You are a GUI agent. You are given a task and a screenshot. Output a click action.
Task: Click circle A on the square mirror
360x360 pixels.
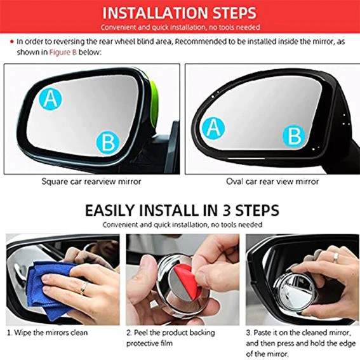point(50,98)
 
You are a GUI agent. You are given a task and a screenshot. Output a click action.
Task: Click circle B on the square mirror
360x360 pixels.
point(109,141)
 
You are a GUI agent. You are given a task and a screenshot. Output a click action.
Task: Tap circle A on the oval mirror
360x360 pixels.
point(214,128)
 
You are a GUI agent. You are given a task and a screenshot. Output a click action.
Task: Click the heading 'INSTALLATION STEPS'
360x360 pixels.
point(180,13)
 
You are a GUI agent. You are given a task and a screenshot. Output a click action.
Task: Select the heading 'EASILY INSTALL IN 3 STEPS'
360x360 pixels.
point(180,210)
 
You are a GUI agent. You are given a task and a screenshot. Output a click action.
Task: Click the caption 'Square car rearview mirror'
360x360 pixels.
point(91,181)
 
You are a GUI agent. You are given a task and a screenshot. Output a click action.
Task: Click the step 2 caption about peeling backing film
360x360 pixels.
point(170,337)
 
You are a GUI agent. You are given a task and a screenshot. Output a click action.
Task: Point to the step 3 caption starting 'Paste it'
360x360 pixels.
point(300,342)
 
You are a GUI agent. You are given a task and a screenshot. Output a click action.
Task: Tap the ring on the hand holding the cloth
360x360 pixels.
point(84,289)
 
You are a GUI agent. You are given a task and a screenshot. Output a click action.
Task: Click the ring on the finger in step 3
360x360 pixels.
point(335,257)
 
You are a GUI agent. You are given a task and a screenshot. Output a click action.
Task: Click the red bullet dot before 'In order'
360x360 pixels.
point(11,41)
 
